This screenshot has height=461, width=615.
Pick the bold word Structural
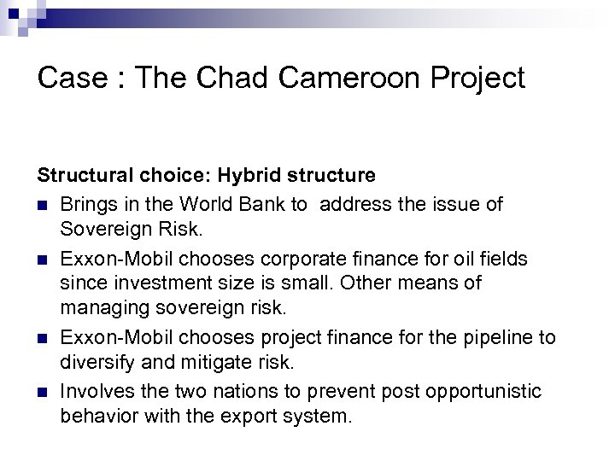pyautogui.click(x=80, y=175)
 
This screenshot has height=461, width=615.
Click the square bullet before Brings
pyautogui.click(x=43, y=206)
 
